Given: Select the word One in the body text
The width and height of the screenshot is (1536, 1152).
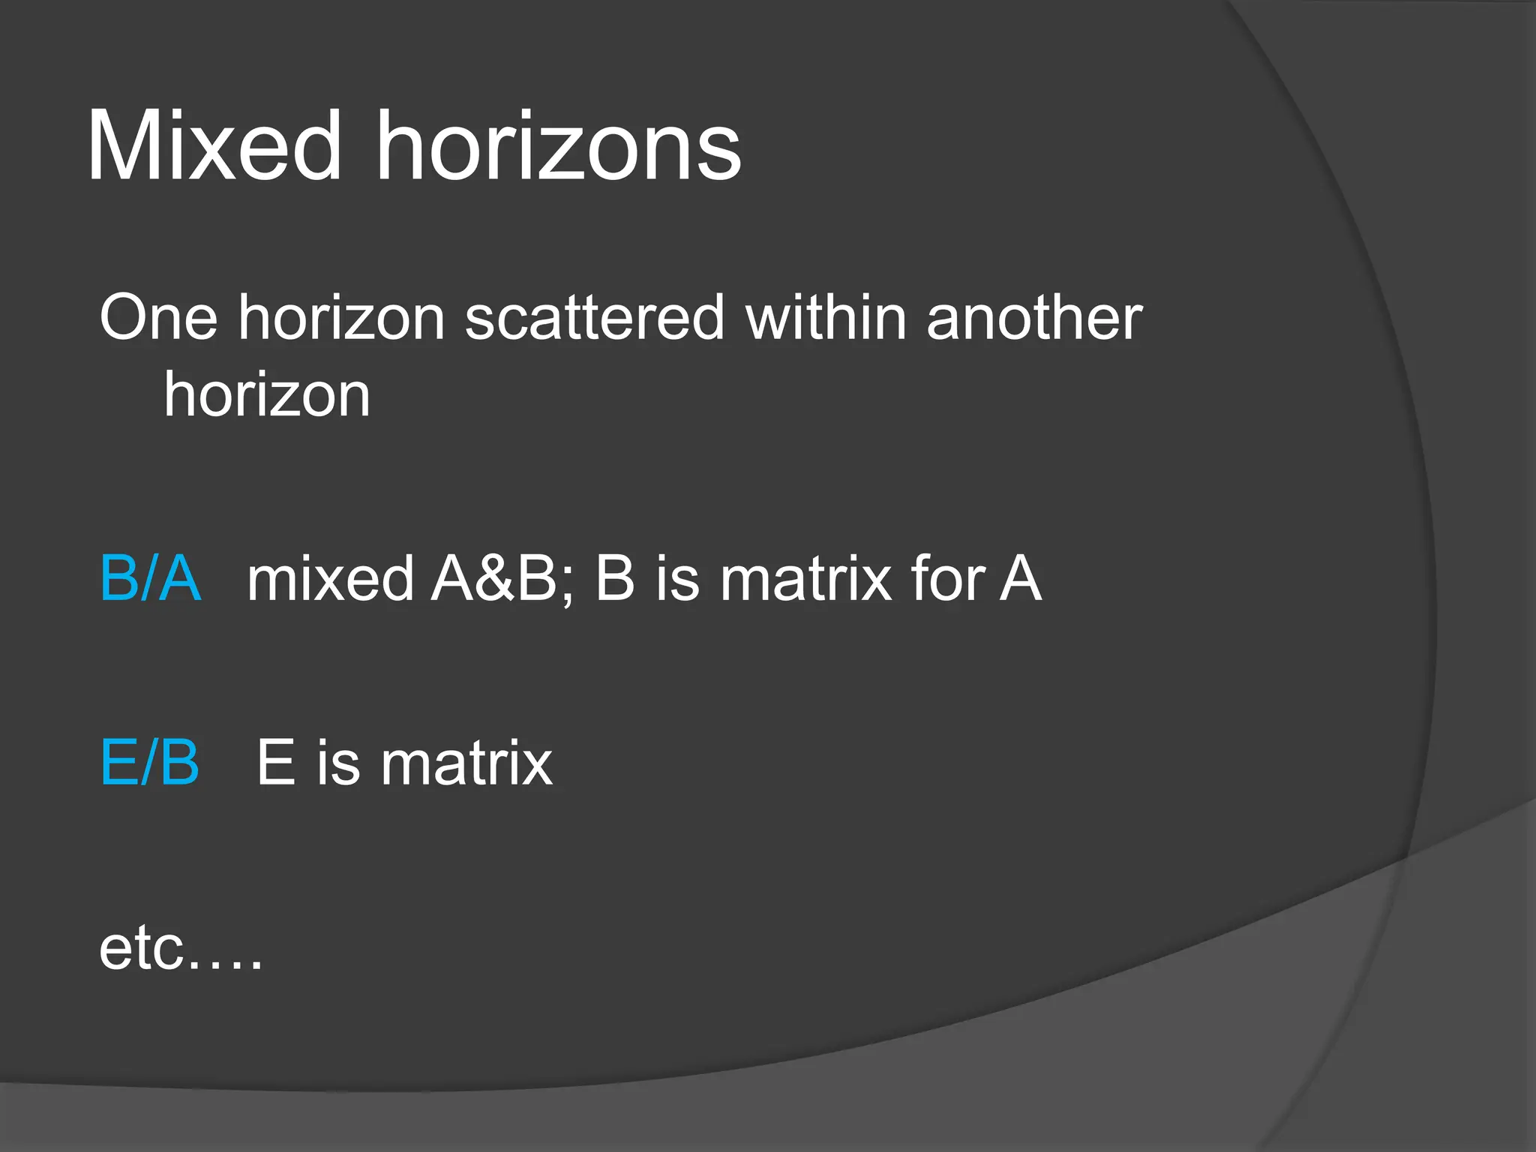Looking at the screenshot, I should coord(158,318).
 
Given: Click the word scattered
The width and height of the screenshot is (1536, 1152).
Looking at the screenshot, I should coord(594,318).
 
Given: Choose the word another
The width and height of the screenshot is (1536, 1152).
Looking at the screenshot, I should coord(1033,318).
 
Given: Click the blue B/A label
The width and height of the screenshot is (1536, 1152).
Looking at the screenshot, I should coord(151,578).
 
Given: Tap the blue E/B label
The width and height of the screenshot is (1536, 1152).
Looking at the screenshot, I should coord(150,763).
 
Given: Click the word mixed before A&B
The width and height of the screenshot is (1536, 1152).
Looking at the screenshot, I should coord(330,578).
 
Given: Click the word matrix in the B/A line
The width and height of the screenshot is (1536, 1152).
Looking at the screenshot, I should coord(805,578).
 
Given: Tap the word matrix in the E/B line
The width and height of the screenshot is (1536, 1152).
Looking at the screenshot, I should coord(466,763).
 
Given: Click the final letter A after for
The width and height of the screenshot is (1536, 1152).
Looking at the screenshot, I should coord(1020,578).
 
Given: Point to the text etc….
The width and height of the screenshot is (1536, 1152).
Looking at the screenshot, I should coord(181,949).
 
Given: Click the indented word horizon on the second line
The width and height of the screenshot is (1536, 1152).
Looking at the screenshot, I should coord(267,395).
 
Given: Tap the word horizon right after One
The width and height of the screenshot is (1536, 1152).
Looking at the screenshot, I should coord(342,318).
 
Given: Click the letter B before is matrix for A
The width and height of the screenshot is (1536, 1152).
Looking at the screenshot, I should coord(615,578).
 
